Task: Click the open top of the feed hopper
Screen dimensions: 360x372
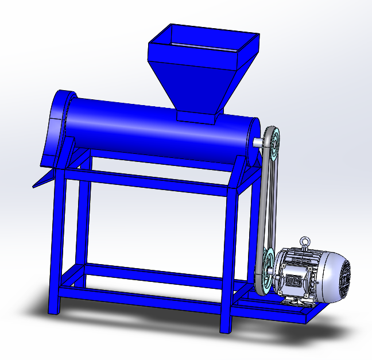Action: pos(204,40)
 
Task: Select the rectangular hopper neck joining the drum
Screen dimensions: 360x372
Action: pos(196,116)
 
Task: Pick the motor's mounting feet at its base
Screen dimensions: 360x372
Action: pos(296,299)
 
